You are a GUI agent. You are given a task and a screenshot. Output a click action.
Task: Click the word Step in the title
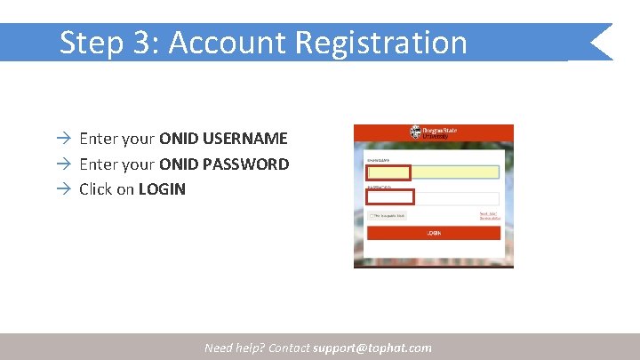click(90, 42)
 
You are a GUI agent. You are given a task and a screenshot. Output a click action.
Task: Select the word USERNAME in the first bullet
click(245, 139)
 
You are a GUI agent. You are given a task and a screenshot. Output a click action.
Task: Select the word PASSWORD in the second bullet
click(246, 164)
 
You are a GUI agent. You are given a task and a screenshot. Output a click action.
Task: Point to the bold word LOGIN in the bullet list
click(162, 188)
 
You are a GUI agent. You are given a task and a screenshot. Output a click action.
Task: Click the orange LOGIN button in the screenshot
click(434, 233)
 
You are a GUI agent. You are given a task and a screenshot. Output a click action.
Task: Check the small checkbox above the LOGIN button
click(371, 216)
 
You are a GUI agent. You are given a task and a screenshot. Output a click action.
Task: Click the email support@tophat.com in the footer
click(372, 348)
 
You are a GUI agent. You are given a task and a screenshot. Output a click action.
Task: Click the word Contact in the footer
click(288, 348)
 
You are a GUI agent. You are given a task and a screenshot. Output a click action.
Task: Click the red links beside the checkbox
click(490, 216)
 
